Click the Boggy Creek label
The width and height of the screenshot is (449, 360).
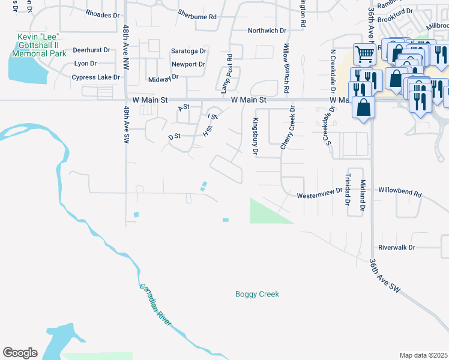257,294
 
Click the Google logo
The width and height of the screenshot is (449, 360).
20,353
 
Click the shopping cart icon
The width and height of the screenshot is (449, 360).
364,55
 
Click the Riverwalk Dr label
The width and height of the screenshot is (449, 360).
397,247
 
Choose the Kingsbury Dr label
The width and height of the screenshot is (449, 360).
255,136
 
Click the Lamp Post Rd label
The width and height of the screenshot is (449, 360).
226,77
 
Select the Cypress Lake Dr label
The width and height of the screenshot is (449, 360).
96,77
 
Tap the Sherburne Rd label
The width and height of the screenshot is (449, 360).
197,17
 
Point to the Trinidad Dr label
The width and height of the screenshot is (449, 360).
348,189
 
